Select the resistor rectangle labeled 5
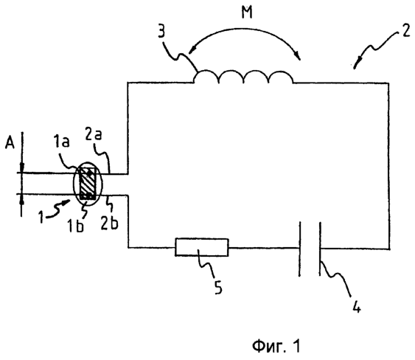click(x=202, y=247)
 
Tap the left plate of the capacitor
click(x=300, y=249)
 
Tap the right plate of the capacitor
click(x=320, y=249)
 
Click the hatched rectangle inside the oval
click(x=87, y=183)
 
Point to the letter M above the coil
click(x=247, y=12)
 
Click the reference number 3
click(x=161, y=31)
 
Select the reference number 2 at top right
click(x=406, y=30)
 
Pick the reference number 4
click(x=357, y=306)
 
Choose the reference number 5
click(x=218, y=287)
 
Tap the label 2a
click(x=94, y=134)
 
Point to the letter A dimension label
click(x=10, y=143)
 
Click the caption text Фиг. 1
click(x=276, y=345)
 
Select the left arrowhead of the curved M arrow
click(x=193, y=49)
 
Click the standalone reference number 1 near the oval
click(x=41, y=216)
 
